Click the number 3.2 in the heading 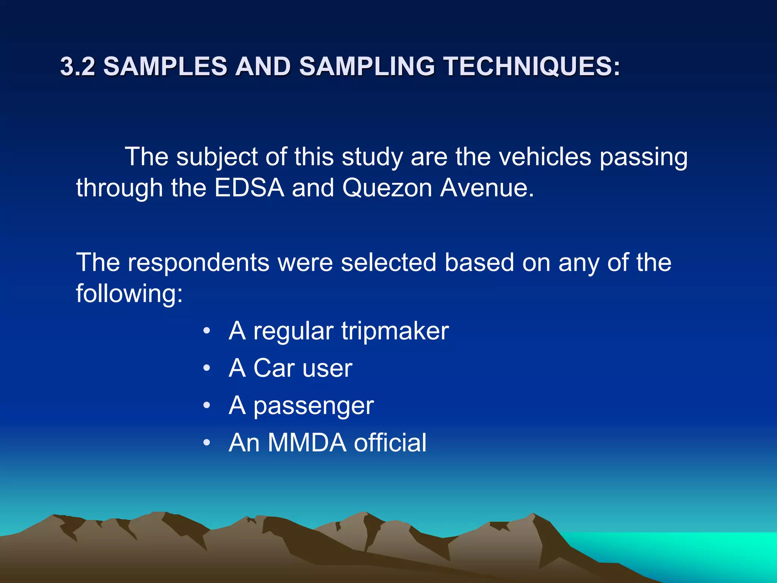[77, 66]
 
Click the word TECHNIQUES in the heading [532, 66]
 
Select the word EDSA [249, 188]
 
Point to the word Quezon [387, 188]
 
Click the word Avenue [487, 188]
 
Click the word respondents [198, 262]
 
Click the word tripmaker [395, 331]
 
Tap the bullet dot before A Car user [206, 368]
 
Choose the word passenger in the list [313, 406]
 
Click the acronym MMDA [307, 443]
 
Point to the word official [390, 443]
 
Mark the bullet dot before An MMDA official [206, 443]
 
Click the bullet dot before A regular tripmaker [206, 331]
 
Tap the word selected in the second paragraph [388, 262]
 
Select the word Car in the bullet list [274, 368]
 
